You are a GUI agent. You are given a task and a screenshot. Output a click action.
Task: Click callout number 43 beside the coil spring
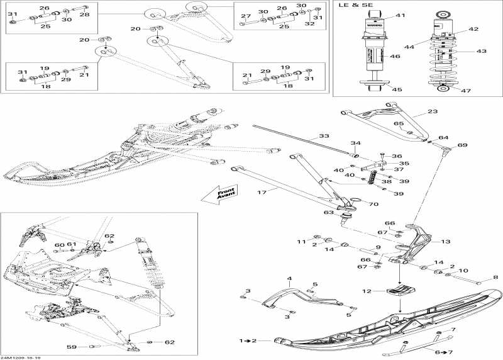pyautogui.click(x=482, y=51)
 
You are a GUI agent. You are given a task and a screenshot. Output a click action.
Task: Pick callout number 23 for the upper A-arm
pyautogui.click(x=432, y=111)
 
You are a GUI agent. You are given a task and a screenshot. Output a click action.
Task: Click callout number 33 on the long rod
pyautogui.click(x=323, y=136)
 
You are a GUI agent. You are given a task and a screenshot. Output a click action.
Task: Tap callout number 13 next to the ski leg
pyautogui.click(x=446, y=242)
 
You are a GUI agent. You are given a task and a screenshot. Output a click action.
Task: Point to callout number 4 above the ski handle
pyautogui.click(x=290, y=278)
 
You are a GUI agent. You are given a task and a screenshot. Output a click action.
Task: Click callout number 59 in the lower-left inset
pyautogui.click(x=71, y=346)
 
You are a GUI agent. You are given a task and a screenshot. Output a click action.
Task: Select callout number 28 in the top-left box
pyautogui.click(x=84, y=14)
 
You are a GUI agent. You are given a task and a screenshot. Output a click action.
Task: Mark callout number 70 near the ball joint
pyautogui.click(x=373, y=205)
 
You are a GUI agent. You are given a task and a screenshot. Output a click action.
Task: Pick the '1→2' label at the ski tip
pyautogui.click(x=248, y=340)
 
